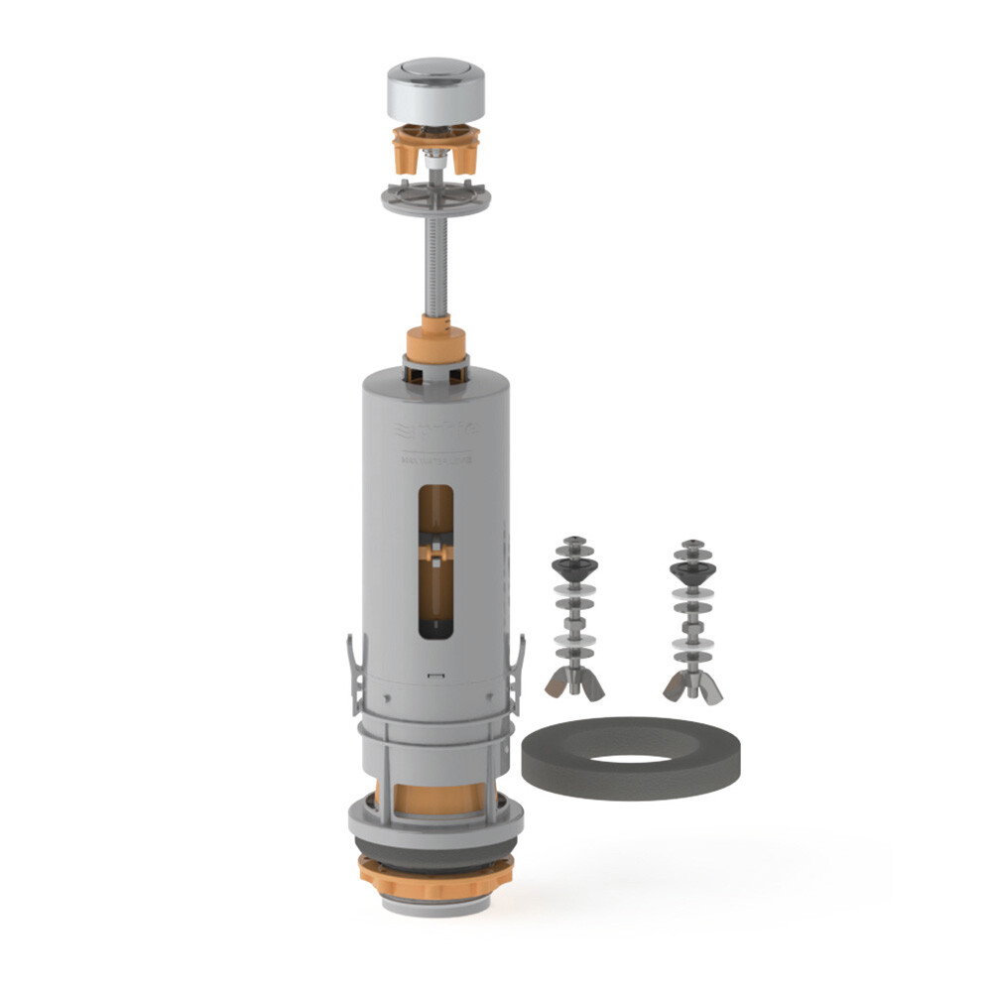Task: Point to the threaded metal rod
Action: [435, 268]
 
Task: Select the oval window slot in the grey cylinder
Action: [435, 560]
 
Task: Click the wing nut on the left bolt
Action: [572, 682]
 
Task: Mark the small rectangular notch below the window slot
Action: [433, 675]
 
